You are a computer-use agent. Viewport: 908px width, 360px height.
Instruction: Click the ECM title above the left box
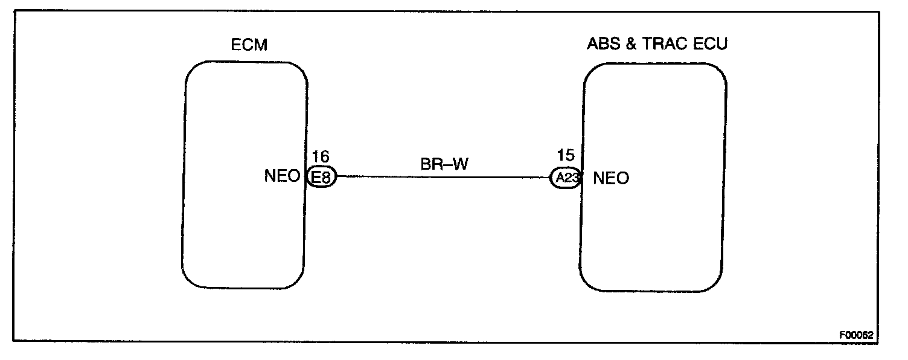pyautogui.click(x=249, y=45)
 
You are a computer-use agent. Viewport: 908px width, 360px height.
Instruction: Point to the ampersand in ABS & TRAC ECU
pyautogui.click(x=630, y=45)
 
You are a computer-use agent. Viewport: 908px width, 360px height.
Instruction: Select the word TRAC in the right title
pyautogui.click(x=663, y=45)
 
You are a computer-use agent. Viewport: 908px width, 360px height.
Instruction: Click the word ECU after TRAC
pyautogui.click(x=711, y=45)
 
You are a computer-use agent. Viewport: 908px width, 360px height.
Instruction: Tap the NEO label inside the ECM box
pyautogui.click(x=282, y=177)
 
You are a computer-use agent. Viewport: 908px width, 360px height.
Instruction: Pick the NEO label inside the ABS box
pyautogui.click(x=611, y=178)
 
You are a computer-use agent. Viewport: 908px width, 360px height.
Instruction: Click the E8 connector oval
pyautogui.click(x=321, y=178)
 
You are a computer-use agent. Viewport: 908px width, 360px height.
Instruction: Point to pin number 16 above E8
pyautogui.click(x=321, y=158)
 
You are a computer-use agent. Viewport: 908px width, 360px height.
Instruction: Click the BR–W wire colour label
pyautogui.click(x=444, y=164)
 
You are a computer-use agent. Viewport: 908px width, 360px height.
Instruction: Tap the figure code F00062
pyautogui.click(x=855, y=334)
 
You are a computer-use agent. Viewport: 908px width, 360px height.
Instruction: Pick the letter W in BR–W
pyautogui.click(x=460, y=164)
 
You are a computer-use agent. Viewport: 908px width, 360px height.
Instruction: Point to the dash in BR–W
pyautogui.click(x=447, y=165)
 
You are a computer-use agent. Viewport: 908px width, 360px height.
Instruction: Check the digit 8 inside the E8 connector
pyautogui.click(x=325, y=178)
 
